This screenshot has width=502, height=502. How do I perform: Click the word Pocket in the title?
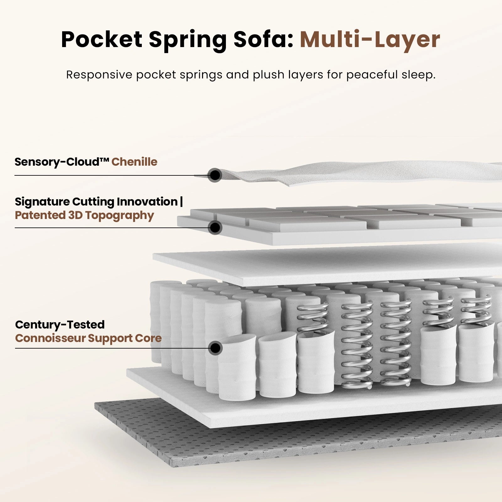click(x=102, y=40)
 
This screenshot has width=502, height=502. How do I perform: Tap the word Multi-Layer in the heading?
click(x=370, y=40)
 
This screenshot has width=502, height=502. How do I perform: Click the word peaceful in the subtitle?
click(x=372, y=75)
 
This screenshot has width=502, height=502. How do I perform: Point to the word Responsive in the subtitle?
click(x=99, y=75)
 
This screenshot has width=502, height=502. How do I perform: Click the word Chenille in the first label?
click(x=134, y=162)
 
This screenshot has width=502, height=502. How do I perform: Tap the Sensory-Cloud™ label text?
click(x=62, y=162)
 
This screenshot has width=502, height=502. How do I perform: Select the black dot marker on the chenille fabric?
click(x=215, y=175)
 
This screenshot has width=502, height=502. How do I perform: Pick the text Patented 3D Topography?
click(x=84, y=216)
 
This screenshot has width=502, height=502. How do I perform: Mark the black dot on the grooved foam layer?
click(x=215, y=227)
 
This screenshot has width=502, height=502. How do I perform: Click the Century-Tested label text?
click(x=60, y=324)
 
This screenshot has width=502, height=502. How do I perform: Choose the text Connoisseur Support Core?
click(x=88, y=338)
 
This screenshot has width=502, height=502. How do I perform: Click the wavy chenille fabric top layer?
click(x=345, y=174)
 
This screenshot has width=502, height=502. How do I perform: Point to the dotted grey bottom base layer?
click(x=220, y=446)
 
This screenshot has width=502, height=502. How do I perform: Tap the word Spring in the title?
click(x=187, y=40)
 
